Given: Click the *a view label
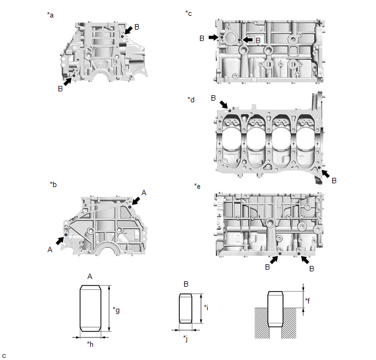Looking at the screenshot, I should [50, 15].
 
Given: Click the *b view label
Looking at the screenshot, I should [53, 184].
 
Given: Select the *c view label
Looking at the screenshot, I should [189, 13].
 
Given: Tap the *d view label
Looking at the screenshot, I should [191, 100].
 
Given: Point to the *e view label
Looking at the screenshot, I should [197, 187].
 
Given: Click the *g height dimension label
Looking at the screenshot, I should [116, 310].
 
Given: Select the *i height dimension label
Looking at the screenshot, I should [205, 307].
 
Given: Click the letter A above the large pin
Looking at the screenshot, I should [90, 276].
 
